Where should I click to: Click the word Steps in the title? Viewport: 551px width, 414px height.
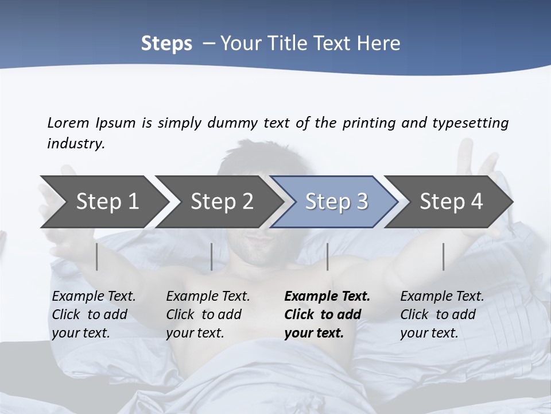166,43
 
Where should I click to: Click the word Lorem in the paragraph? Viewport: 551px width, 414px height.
68,122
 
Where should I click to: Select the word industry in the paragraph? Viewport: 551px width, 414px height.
75,143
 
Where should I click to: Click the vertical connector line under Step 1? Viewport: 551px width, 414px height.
97,256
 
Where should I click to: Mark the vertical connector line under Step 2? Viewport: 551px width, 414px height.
212,256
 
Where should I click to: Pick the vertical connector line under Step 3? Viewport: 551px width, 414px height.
327,256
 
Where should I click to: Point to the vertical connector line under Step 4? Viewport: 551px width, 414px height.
444,256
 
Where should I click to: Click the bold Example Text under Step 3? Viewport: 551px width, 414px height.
327,297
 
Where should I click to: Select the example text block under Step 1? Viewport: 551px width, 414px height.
94,315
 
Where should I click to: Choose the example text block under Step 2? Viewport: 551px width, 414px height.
208,315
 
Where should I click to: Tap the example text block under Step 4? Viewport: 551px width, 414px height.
442,315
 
